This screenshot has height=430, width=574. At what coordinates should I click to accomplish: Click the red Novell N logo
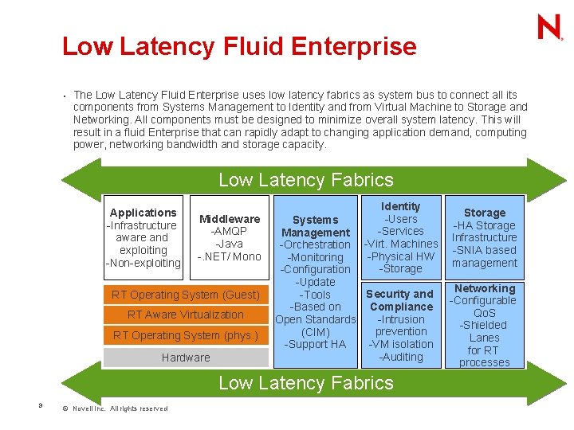point(549,27)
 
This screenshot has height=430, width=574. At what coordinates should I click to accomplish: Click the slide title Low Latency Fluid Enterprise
point(239,46)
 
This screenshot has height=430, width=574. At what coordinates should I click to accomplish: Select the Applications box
point(143,236)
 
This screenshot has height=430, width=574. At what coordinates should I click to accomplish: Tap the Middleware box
point(230,236)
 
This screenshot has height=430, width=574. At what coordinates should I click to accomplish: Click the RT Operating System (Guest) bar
point(186,295)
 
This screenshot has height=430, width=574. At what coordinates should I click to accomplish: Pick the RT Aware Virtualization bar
point(186,315)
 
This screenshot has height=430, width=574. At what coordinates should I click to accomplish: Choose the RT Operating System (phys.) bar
point(186,335)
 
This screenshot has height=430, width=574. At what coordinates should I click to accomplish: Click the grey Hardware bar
point(186,358)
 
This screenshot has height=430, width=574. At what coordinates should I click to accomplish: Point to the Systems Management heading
point(316,226)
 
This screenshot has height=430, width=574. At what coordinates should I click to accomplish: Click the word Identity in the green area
point(400,206)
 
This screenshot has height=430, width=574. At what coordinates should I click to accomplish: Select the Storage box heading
point(485,213)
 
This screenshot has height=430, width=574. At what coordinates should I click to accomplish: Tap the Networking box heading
point(485,288)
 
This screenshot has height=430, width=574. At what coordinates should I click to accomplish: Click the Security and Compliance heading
point(400,300)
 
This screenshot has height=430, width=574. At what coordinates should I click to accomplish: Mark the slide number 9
point(40,406)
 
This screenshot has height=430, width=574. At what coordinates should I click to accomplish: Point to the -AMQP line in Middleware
point(230,231)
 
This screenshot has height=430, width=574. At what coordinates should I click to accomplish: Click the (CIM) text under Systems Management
point(316,332)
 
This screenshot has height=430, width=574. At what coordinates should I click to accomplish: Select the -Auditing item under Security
point(400,357)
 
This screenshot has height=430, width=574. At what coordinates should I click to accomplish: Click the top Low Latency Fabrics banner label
point(306,180)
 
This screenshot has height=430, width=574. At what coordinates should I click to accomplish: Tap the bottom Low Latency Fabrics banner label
point(306,383)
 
